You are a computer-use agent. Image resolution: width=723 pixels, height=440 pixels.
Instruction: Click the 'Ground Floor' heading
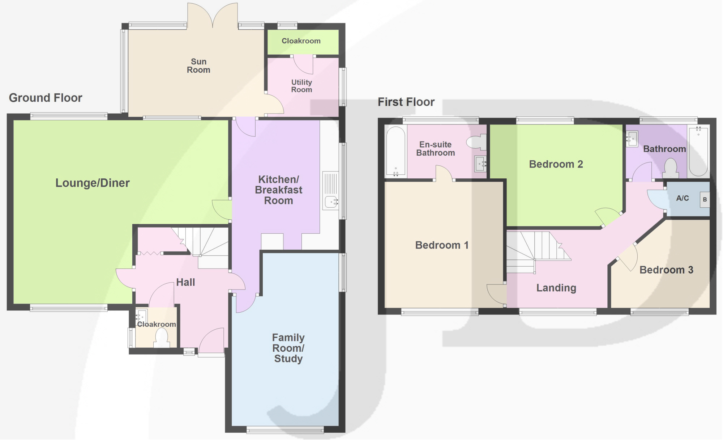(x=46, y=98)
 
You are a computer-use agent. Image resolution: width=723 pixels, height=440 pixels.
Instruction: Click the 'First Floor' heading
(x=406, y=102)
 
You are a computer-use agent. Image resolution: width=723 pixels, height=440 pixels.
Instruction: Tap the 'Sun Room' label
(x=198, y=66)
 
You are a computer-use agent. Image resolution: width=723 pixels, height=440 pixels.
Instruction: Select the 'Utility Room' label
(x=301, y=86)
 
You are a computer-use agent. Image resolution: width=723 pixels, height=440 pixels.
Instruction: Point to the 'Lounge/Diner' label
(x=93, y=183)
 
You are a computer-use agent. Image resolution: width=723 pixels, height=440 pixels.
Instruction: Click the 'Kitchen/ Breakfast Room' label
(x=278, y=190)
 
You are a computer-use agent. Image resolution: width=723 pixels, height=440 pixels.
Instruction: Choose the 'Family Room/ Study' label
(x=288, y=348)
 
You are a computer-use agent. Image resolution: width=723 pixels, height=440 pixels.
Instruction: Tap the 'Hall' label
(x=185, y=282)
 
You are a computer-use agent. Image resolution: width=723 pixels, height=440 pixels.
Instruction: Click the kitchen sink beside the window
(x=331, y=191)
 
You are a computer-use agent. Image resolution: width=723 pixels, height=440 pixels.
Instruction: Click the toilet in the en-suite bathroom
(x=476, y=142)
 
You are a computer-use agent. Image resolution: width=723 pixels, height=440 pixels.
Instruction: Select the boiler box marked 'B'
(x=705, y=199)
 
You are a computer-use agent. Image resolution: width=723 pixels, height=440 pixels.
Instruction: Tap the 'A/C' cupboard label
(x=683, y=198)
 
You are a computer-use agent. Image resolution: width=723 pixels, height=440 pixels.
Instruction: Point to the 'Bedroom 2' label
(x=556, y=164)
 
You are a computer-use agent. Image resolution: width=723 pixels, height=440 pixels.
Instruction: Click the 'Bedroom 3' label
(x=666, y=270)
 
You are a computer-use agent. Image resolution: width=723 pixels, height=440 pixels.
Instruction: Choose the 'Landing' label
(x=556, y=288)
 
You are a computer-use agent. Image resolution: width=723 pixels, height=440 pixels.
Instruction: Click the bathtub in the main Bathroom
(x=698, y=151)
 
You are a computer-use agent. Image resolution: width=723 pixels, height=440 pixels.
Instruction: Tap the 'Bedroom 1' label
(x=442, y=245)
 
